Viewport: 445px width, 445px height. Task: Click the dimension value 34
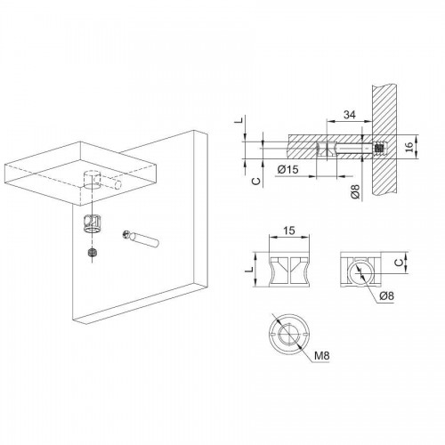coord(350,115)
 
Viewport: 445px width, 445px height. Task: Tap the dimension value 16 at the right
coord(409,147)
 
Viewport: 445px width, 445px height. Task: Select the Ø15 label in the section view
coord(287,169)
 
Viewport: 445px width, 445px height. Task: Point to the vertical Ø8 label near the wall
coord(355,191)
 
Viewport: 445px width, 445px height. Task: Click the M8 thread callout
coord(322,355)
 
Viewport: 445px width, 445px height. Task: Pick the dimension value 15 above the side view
coord(289,231)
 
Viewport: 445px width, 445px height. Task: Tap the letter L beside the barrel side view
coord(251,269)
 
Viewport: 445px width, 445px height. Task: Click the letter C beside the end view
coord(400,262)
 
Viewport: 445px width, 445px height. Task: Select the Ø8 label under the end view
coord(386,295)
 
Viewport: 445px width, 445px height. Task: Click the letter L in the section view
coord(240,120)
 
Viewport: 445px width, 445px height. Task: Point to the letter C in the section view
coord(256,182)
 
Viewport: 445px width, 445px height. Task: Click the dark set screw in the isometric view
coord(93,253)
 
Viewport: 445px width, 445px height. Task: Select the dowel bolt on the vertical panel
coord(141,239)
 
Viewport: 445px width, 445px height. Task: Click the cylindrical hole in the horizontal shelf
coord(93,179)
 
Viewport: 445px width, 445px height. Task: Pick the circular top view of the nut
coord(289,334)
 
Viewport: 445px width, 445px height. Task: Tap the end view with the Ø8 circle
coord(360,270)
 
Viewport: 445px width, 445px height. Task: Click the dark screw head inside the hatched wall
coord(378,148)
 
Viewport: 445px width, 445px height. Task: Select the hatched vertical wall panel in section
coord(384,140)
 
